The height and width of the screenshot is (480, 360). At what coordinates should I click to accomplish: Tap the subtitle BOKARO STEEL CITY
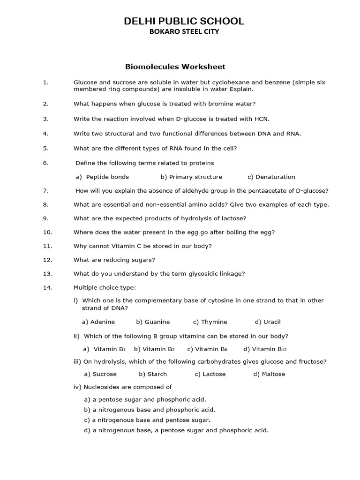point(184,32)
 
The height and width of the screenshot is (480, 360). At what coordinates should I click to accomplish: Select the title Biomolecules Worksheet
point(175,67)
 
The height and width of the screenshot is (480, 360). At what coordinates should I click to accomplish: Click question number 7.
point(45,191)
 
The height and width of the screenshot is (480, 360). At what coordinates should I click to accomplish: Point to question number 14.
point(47,287)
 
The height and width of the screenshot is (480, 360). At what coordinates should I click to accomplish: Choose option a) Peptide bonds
point(102,177)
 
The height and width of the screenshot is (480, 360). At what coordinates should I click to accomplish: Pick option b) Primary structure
point(191,177)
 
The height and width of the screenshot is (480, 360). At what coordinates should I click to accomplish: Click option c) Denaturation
point(271,177)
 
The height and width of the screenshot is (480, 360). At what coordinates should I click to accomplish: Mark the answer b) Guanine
point(153,322)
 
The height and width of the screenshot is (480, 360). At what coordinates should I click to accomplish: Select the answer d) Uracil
point(268,322)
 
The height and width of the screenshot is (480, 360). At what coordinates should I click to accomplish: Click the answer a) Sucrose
point(100,374)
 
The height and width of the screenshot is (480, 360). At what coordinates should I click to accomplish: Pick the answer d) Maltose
point(269,374)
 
